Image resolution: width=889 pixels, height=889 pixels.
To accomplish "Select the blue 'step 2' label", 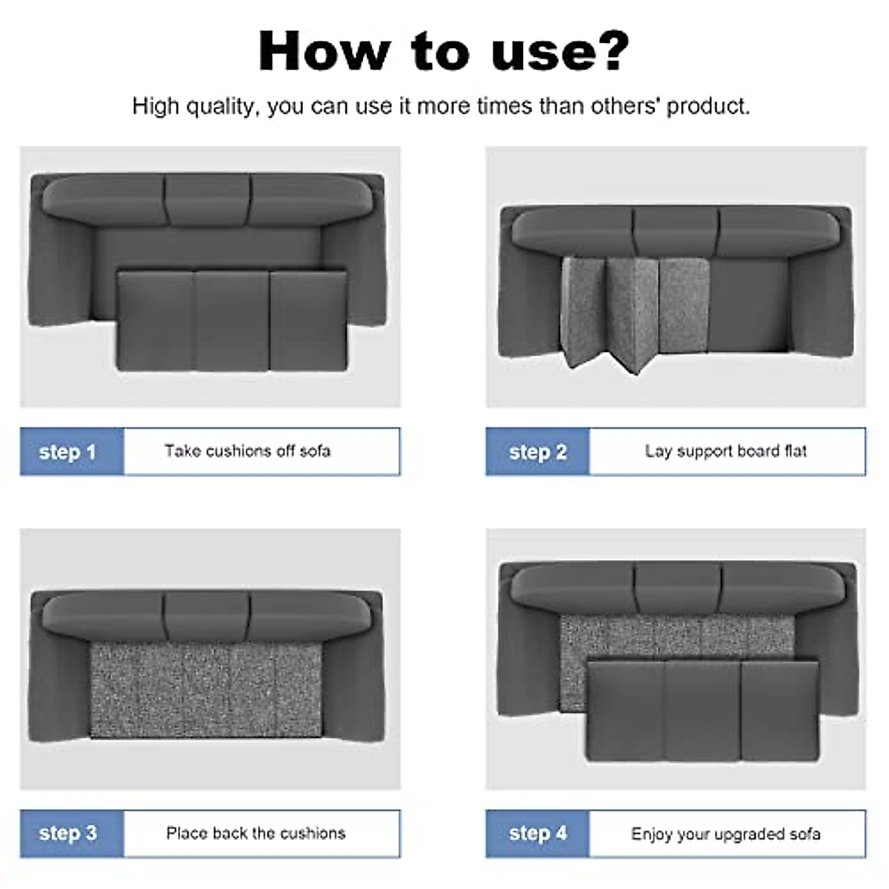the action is click(537, 452).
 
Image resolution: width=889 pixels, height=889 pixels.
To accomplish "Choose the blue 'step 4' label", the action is click(537, 833).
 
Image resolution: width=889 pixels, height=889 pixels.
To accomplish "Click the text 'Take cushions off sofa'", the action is click(247, 450).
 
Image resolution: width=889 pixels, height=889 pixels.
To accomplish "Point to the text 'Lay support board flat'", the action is click(726, 451).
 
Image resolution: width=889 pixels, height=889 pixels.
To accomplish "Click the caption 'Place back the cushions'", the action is click(256, 833).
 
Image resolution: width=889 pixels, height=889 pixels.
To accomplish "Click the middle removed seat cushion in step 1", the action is click(231, 322).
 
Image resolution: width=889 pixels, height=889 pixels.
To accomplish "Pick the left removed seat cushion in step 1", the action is click(156, 321).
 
